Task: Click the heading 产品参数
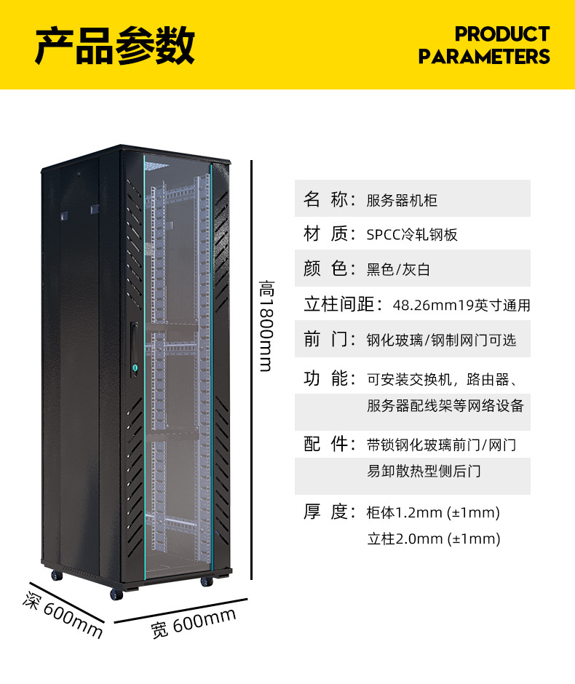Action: (x=115, y=45)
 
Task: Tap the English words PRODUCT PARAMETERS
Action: (x=484, y=45)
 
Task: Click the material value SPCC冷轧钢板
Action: (x=412, y=235)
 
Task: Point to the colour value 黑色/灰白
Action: (x=398, y=270)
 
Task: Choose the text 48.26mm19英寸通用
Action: (x=461, y=305)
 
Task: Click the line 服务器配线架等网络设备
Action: (x=445, y=406)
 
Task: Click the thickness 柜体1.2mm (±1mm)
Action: (x=433, y=512)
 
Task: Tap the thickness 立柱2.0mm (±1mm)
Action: (x=433, y=539)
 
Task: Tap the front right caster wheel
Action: (x=206, y=581)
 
